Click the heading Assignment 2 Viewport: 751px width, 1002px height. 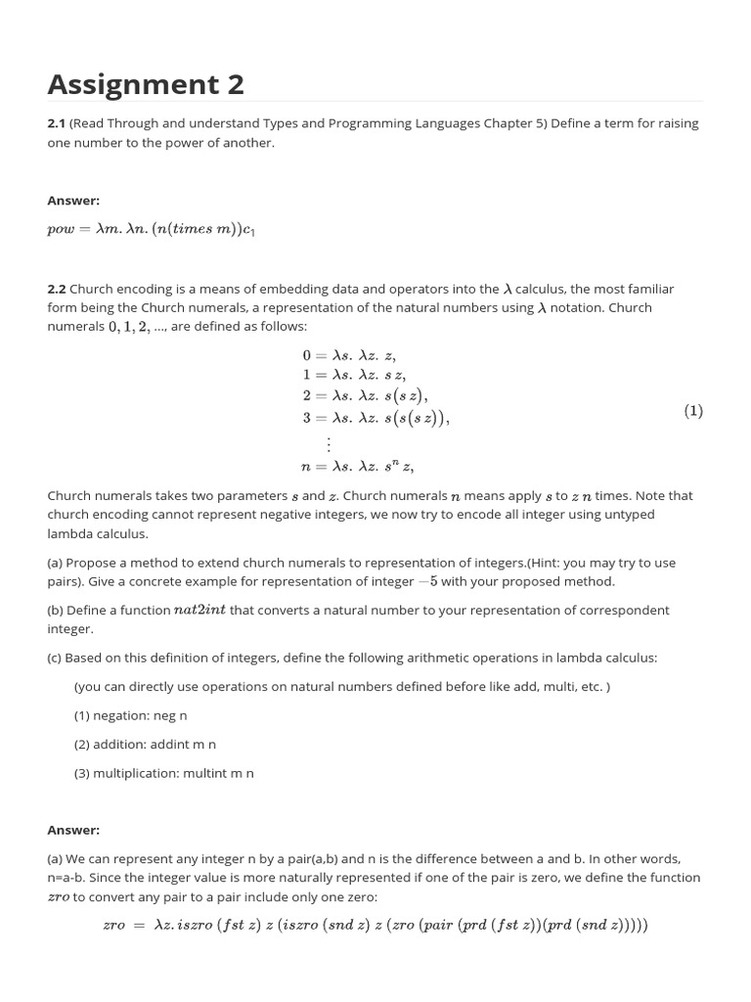pos(146,85)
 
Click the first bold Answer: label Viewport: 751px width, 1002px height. pos(73,201)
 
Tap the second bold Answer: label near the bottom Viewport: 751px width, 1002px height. pos(73,830)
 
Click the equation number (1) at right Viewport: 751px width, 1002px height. pos(692,411)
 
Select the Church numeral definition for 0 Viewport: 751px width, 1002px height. pos(349,356)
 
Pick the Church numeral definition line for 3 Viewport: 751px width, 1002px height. pos(375,418)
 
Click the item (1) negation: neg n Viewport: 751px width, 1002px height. pos(130,715)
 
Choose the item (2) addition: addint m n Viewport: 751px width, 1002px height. pos(145,745)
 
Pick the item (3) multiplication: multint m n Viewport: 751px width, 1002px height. pos(163,773)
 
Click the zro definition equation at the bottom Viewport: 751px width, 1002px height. pos(375,925)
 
